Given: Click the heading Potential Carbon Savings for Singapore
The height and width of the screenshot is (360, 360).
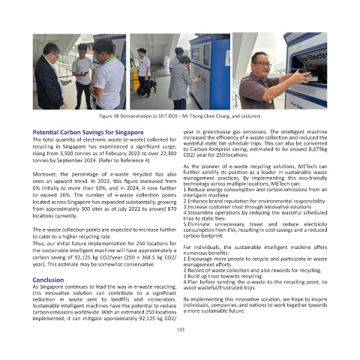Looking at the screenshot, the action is click(88, 132).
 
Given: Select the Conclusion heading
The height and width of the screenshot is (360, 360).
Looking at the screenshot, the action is click(48, 280).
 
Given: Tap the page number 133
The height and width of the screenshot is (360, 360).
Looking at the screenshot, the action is click(181, 329).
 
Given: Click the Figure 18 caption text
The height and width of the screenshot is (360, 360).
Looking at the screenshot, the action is click(180, 116).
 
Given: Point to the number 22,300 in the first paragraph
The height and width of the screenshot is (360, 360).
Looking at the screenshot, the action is click(168, 153).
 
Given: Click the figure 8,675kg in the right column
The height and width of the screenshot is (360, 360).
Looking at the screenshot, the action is click(318, 149).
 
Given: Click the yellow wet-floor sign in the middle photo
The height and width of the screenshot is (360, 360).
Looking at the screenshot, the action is click(136, 79).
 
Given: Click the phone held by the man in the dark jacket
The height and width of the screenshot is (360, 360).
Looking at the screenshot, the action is click(67, 82).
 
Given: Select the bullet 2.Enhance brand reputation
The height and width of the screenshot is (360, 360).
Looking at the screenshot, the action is click(254, 201).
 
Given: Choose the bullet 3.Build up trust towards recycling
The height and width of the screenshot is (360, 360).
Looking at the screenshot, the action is click(223, 276).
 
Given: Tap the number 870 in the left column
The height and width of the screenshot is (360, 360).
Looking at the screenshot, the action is click(172, 208).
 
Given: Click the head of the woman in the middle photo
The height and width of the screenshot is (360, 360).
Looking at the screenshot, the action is click(185, 61).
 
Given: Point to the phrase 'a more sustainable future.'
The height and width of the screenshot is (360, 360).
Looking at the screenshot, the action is click(214, 310).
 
